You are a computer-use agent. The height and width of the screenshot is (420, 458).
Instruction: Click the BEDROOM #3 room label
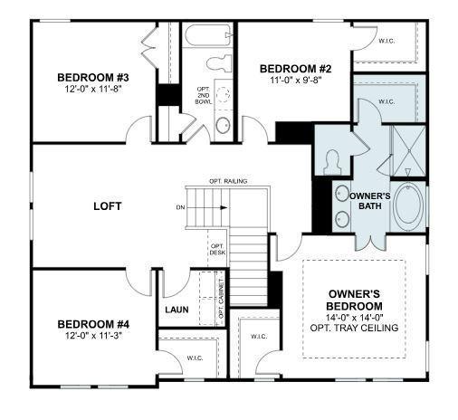tap(93, 78)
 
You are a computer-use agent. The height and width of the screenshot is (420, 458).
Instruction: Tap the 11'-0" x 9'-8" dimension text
tap(295, 81)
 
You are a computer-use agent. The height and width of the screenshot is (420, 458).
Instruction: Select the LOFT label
tap(108, 206)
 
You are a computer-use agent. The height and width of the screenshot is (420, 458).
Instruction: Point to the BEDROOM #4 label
tap(93, 325)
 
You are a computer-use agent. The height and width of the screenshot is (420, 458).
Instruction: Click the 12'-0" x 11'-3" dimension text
tap(93, 336)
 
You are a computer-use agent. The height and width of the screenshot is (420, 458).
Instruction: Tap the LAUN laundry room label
tap(177, 310)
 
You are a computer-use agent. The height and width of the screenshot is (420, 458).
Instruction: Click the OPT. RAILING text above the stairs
tap(228, 181)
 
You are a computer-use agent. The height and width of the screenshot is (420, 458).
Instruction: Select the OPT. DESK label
tap(217, 249)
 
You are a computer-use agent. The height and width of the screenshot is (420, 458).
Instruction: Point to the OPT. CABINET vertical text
tap(221, 299)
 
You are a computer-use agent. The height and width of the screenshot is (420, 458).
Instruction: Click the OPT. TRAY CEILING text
tap(354, 328)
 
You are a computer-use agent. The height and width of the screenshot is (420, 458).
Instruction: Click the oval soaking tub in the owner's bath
tap(408, 205)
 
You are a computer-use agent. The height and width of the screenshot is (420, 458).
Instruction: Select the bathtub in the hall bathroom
tap(208, 35)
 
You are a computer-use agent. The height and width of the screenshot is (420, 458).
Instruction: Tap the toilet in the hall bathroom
tap(219, 63)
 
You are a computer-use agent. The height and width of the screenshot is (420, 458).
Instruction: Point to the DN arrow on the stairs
tap(207, 207)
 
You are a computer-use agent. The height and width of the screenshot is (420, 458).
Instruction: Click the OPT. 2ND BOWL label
tap(204, 96)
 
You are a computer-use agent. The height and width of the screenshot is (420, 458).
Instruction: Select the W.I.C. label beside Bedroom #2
tap(386, 41)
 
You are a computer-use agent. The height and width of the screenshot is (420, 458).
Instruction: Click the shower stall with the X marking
tap(408, 150)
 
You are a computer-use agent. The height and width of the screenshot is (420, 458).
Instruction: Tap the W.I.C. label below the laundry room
tap(195, 358)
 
